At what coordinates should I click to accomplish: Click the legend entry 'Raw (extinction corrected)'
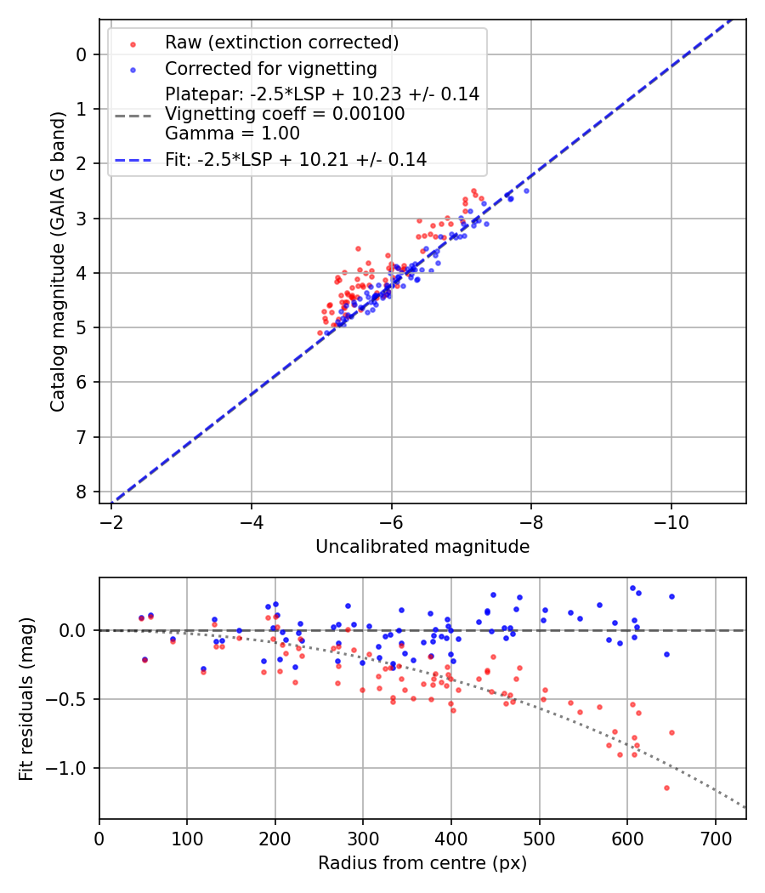point(281,43)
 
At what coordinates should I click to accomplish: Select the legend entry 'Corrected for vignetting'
point(270,68)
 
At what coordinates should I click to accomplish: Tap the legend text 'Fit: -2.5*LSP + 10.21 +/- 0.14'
point(295,159)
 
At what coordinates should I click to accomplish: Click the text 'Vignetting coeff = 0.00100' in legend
point(285,114)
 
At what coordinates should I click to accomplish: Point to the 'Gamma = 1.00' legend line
point(232,134)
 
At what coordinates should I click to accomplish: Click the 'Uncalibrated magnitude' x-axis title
point(422,547)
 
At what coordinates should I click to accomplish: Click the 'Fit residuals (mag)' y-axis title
point(26,699)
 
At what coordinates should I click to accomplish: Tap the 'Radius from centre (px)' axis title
point(422,863)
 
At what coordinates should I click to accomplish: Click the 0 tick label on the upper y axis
point(82,54)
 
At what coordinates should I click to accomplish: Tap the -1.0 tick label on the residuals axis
point(70,768)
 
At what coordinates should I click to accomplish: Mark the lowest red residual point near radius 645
point(666,788)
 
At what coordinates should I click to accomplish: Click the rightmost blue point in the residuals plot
point(671,596)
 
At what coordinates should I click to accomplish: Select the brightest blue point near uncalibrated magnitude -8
point(526,191)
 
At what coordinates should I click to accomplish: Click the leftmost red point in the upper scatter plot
point(320,333)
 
